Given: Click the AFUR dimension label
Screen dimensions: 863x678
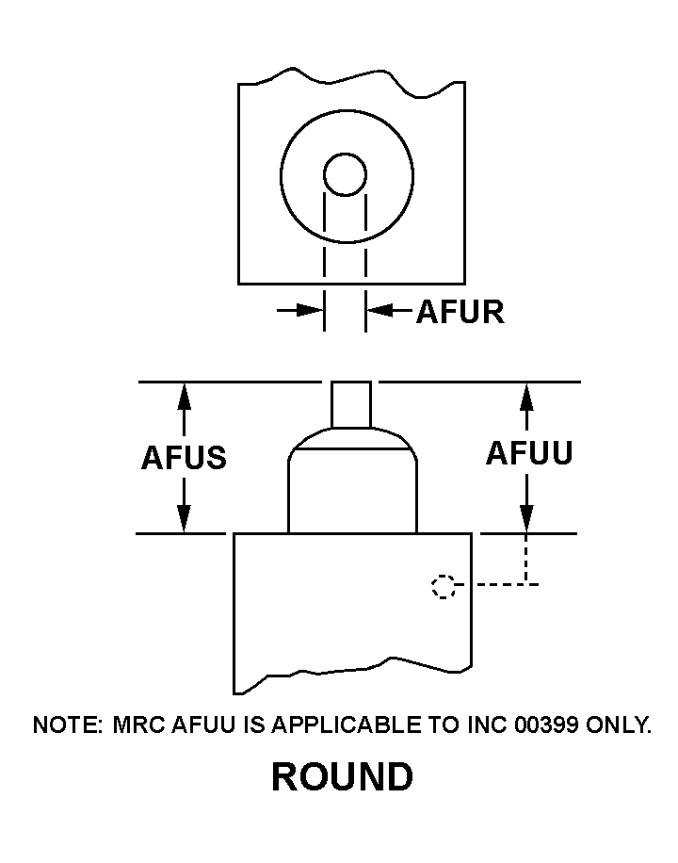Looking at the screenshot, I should pos(460,312).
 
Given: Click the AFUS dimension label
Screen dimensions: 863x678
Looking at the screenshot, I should pos(184,458).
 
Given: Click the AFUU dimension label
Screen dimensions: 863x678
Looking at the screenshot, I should pos(528,454).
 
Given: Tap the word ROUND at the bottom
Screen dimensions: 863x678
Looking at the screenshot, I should pos(342,777).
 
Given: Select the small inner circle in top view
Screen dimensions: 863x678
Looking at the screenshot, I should pos(345,174).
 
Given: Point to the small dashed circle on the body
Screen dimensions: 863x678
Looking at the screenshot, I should pos(443,587).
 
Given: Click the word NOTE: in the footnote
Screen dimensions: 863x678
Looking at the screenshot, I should pos(68,725).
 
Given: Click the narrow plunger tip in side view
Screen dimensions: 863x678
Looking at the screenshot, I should pos(351,403).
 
